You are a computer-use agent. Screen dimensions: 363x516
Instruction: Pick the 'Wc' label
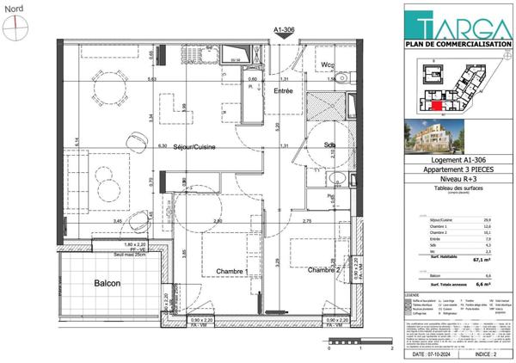tap(328, 65)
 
